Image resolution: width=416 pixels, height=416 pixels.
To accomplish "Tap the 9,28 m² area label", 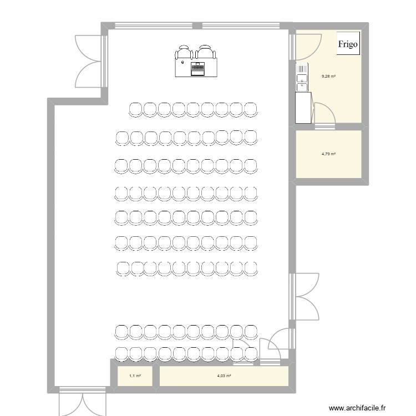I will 328,77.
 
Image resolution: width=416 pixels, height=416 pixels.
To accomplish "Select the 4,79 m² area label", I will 328,154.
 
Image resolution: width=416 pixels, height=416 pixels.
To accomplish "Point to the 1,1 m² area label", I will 135,376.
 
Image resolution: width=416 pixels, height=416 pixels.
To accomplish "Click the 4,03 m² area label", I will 224,376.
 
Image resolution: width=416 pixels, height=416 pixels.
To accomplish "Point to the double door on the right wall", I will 304,297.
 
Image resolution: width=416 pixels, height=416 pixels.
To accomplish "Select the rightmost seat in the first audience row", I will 250,109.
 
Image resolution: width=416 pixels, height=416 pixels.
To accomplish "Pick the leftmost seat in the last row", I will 121,353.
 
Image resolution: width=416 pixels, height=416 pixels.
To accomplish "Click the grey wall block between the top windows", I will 196,26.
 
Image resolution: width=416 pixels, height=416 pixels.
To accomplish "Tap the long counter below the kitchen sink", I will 303,108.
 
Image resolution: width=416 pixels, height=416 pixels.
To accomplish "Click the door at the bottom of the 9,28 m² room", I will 324,116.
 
